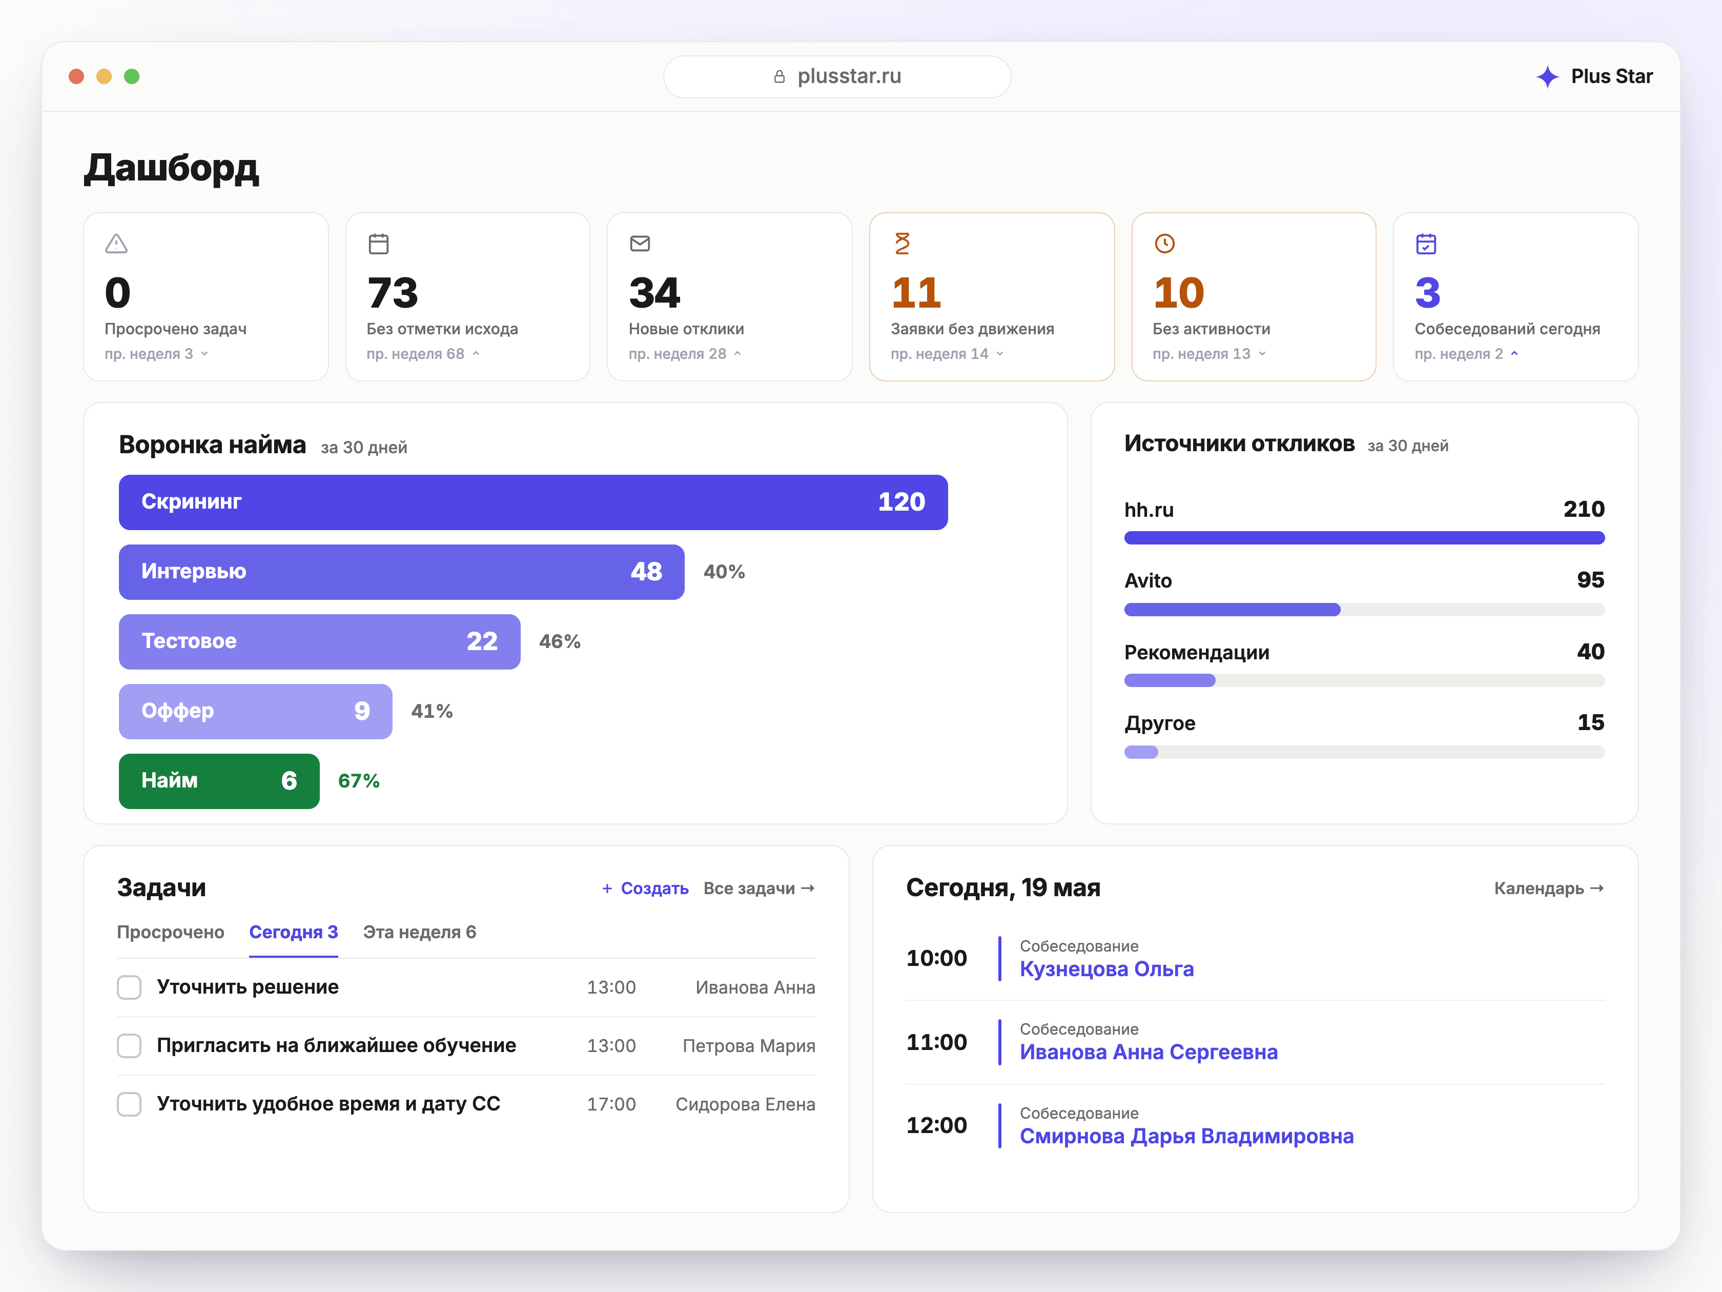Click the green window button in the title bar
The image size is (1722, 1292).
[x=132, y=76]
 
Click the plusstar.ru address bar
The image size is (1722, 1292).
[x=837, y=76]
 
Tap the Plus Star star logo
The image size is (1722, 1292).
[x=1547, y=76]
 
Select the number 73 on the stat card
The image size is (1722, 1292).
[x=393, y=293]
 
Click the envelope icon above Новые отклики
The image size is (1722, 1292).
[x=640, y=244]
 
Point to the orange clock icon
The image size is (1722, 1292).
[x=1164, y=244]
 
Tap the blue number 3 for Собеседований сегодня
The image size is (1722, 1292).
[x=1428, y=293]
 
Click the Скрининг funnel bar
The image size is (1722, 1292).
[x=534, y=502]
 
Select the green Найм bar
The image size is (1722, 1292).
[x=219, y=781]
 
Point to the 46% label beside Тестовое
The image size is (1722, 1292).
[x=560, y=642]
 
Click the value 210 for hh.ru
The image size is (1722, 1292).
[x=1584, y=509]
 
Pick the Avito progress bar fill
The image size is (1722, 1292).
[x=1233, y=610]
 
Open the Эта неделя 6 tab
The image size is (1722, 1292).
[x=420, y=932]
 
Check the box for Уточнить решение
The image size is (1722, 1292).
[x=129, y=987]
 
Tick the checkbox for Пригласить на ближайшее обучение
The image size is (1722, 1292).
[x=129, y=1046]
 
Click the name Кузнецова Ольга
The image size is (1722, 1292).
[x=1106, y=970]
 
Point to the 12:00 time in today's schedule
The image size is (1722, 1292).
[x=936, y=1125]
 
